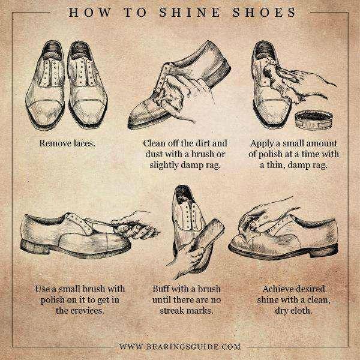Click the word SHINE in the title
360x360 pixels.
click(x=190, y=13)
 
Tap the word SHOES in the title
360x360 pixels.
click(x=264, y=13)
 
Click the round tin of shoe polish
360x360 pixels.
click(x=314, y=120)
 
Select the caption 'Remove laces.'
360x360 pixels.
click(x=67, y=143)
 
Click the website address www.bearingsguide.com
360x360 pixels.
click(x=180, y=346)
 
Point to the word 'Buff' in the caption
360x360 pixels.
click(x=160, y=289)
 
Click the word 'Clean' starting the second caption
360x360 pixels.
click(x=154, y=143)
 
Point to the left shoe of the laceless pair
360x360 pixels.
click(x=45, y=85)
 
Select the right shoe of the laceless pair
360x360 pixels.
click(x=87, y=85)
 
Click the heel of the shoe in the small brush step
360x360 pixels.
click(x=34, y=247)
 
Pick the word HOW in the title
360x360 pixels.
click(x=90, y=13)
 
